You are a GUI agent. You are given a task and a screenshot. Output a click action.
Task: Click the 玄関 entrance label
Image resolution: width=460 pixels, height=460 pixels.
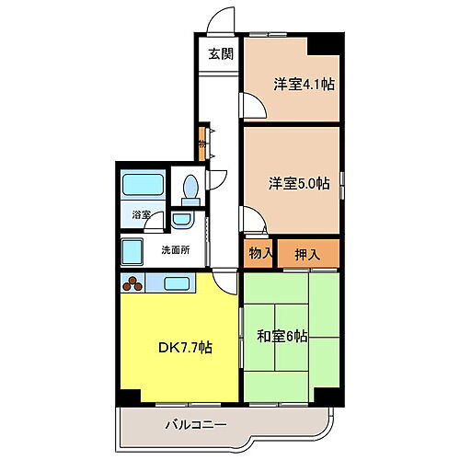click(220, 53)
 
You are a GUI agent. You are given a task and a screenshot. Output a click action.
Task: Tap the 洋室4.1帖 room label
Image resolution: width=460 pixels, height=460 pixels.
click(303, 84)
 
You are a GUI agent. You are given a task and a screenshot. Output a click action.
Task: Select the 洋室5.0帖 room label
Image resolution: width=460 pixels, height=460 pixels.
click(299, 183)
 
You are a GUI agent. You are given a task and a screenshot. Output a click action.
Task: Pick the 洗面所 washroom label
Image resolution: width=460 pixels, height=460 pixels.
click(176, 249)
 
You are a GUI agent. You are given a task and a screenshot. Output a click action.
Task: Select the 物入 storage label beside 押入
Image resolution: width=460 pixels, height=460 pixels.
click(259, 252)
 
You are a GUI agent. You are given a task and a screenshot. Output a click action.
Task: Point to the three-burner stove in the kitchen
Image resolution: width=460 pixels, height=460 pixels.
click(134, 282)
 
